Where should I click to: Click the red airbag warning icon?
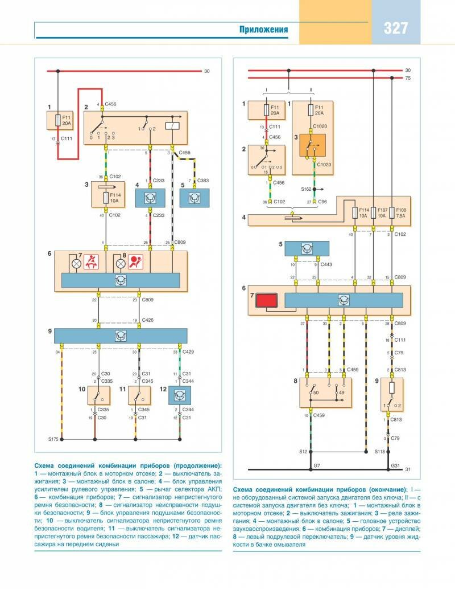click(135, 263)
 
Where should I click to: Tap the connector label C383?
click(202, 180)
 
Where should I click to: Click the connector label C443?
click(326, 264)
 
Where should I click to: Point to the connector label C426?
click(147, 321)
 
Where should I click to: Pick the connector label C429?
click(187, 353)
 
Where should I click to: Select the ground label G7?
click(317, 466)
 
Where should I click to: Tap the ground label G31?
click(395, 466)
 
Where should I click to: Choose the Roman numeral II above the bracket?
click(311, 89)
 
